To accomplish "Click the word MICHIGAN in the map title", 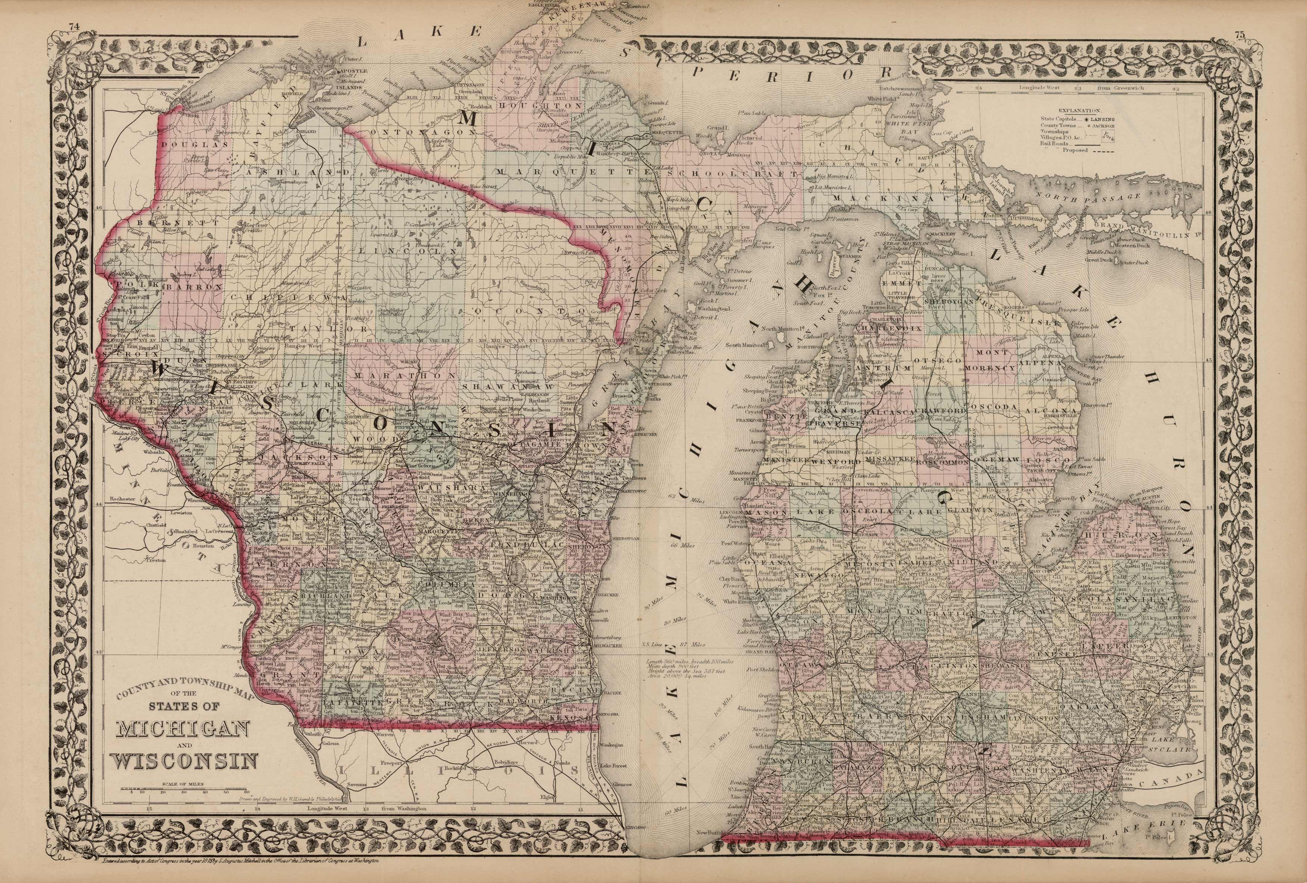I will [182, 731].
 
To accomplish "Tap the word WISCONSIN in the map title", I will [186, 762].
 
